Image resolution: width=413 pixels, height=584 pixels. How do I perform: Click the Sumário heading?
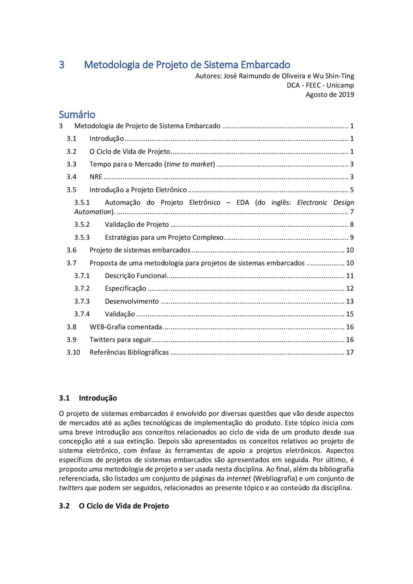[77, 114]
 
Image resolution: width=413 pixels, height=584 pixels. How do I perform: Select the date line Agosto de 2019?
[329, 94]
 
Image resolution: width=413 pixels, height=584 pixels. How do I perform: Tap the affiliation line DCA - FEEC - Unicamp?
[320, 85]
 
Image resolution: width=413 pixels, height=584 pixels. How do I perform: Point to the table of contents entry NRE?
[96, 177]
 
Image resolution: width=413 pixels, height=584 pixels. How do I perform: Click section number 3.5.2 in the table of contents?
[82, 224]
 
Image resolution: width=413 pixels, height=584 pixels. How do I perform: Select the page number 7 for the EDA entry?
[352, 212]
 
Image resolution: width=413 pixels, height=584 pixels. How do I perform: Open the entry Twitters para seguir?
[120, 340]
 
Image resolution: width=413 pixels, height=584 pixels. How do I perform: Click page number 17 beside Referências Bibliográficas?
[350, 352]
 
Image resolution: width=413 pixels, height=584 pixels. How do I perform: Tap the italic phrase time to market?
[190, 164]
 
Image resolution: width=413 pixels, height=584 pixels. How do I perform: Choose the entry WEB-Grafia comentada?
[126, 327]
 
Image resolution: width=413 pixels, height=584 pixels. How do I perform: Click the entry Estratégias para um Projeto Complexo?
[164, 237]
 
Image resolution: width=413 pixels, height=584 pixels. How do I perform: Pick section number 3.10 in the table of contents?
[73, 352]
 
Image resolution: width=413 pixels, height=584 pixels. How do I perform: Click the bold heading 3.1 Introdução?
[88, 398]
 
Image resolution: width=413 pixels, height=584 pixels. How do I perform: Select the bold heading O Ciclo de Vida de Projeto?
[124, 506]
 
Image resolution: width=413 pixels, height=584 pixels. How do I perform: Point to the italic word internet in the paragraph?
[238, 478]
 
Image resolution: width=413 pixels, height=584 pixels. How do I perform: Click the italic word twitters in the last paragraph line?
[71, 488]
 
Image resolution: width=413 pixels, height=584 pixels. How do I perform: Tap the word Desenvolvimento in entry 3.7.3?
[132, 301]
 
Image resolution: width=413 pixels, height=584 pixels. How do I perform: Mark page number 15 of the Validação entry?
[350, 314]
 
